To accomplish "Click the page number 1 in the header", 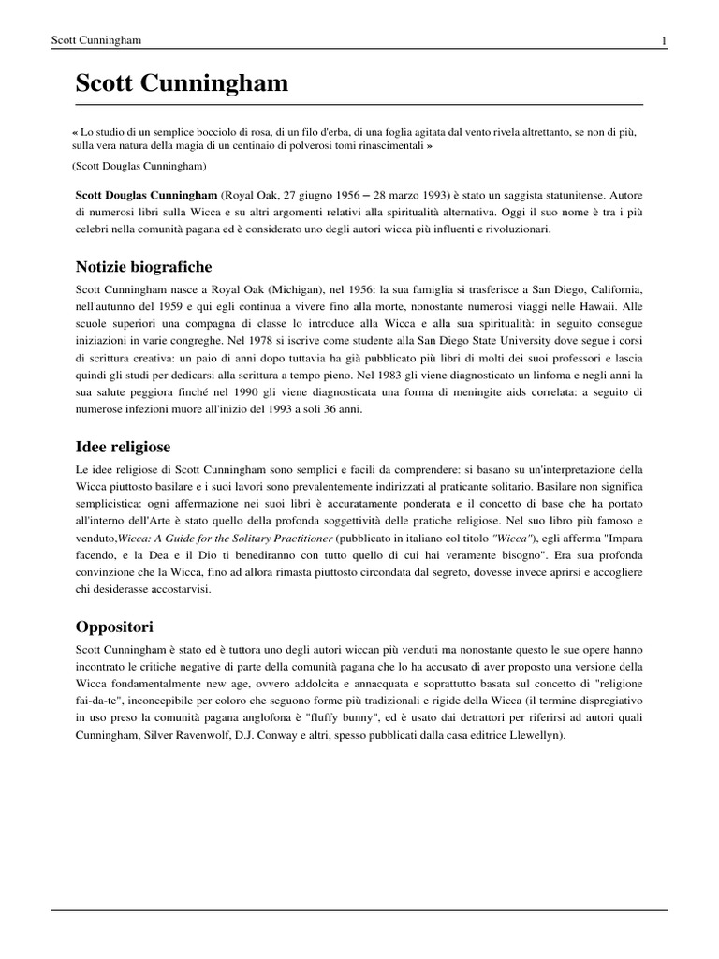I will [x=664, y=40].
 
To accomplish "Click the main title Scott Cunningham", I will [x=182, y=85].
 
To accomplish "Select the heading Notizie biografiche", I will [x=144, y=267].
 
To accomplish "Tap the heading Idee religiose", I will [x=123, y=446].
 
